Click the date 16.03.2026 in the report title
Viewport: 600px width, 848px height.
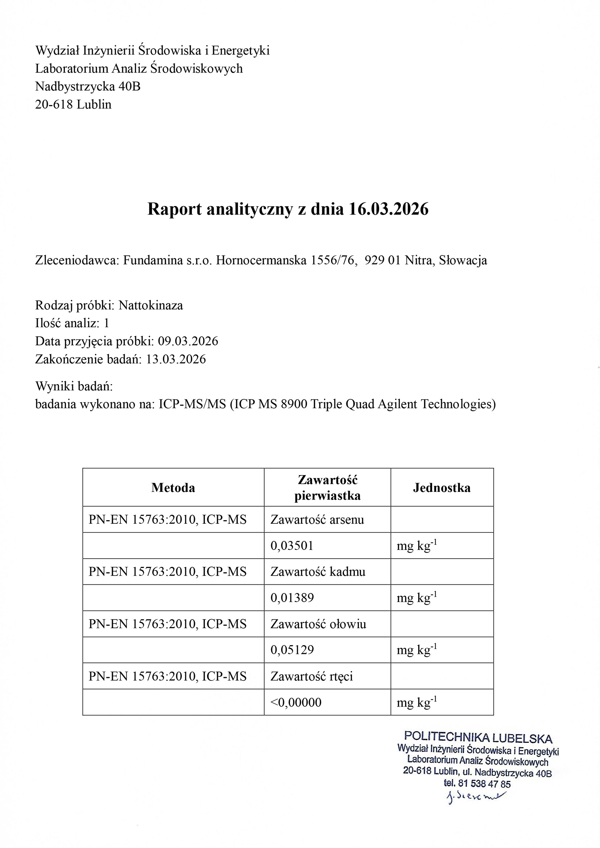coord(388,209)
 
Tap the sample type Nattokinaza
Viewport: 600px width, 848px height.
coord(151,305)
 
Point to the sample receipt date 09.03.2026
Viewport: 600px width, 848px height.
coord(188,341)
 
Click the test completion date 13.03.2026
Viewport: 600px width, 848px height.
coord(176,359)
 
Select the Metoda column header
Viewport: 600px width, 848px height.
coord(173,488)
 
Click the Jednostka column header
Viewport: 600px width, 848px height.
coord(441,488)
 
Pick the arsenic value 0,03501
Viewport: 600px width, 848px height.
coord(292,546)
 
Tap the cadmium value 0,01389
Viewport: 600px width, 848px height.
coord(292,598)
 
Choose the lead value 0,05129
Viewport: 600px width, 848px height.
coord(292,650)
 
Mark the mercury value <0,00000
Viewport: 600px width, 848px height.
coord(296,702)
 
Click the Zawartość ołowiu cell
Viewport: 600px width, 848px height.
coord(318,624)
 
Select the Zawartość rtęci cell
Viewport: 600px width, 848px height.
coord(312,676)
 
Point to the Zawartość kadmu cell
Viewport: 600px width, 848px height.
coord(318,572)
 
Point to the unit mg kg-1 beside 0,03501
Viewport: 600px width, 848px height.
coord(417,546)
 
